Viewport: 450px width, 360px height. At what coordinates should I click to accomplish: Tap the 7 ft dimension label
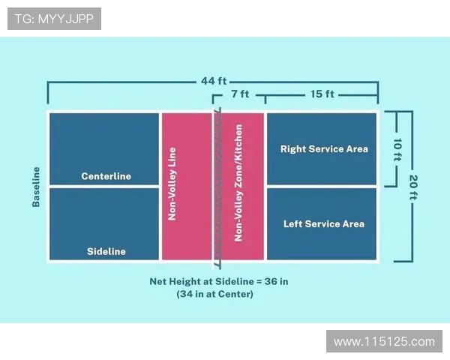pyautogui.click(x=240, y=95)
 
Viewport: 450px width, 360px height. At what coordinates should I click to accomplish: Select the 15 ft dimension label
pyautogui.click(x=322, y=95)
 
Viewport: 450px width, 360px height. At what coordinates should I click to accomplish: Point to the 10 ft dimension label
pyautogui.click(x=398, y=148)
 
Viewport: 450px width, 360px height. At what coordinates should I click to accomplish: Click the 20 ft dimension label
pyautogui.click(x=413, y=187)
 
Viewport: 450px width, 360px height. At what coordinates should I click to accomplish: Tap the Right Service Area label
pyautogui.click(x=324, y=148)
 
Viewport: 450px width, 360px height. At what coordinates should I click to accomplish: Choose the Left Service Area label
pyautogui.click(x=324, y=223)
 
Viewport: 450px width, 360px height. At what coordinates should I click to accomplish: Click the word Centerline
pyautogui.click(x=106, y=176)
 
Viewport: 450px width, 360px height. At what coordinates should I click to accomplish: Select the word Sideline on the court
pyautogui.click(x=106, y=251)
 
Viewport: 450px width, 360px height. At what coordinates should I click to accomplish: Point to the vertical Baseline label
pyautogui.click(x=35, y=186)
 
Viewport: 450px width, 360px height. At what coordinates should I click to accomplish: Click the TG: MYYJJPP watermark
pyautogui.click(x=54, y=19)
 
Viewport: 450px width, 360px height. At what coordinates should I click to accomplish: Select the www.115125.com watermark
pyautogui.click(x=384, y=341)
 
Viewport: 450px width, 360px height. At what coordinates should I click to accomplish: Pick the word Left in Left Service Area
pyautogui.click(x=293, y=223)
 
